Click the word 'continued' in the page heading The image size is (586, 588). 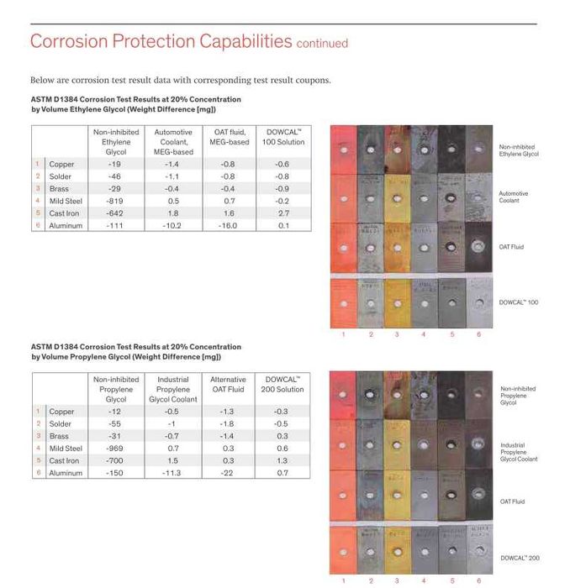(322, 43)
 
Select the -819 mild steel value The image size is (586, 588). (115, 202)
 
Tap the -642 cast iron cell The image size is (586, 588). (115, 213)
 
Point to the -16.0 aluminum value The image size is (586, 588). (229, 225)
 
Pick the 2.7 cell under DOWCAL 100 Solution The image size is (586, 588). (282, 213)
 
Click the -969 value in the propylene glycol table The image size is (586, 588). (115, 449)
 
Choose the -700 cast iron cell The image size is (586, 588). (115, 461)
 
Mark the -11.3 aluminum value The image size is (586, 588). (173, 473)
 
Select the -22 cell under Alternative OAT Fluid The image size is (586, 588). (229, 473)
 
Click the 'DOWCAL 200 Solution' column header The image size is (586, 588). (282, 385)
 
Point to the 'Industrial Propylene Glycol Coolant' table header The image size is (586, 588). (173, 389)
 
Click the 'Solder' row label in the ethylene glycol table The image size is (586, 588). (61, 176)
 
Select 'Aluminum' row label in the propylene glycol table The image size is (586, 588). (66, 473)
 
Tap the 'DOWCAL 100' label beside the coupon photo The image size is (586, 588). (519, 302)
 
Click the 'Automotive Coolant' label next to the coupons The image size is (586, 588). (514, 197)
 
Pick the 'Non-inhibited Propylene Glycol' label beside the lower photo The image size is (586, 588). (518, 396)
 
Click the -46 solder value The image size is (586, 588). (115, 176)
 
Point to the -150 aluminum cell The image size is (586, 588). (115, 473)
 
